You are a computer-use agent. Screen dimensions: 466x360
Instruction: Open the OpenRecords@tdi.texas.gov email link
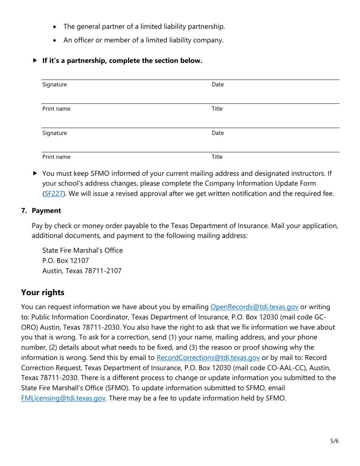tap(254, 307)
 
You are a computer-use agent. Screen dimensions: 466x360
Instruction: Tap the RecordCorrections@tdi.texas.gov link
tap(208, 358)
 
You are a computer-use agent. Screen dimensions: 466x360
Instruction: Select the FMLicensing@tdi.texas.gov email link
tap(63, 398)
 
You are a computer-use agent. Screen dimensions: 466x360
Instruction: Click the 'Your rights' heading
tap(43, 292)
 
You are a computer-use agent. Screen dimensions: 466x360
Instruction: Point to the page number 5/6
tap(334, 441)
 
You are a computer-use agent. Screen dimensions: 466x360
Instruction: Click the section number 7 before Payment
tap(24, 211)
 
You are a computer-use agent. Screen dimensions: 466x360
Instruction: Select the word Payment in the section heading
tap(46, 211)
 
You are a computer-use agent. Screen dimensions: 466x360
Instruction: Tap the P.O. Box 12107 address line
tap(66, 261)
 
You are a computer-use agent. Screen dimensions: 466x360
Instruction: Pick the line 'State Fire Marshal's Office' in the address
tap(83, 250)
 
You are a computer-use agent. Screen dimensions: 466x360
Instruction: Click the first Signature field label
tap(55, 84)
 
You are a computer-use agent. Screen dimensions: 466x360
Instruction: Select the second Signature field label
tap(55, 133)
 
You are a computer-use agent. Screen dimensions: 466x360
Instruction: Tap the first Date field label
tap(218, 84)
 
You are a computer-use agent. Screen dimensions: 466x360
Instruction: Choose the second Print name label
tap(56, 157)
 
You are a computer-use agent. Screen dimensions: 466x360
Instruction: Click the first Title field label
tap(217, 109)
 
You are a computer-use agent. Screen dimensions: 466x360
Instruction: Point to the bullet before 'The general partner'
tap(55, 27)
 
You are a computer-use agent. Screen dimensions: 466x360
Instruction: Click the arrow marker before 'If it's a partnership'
tap(35, 61)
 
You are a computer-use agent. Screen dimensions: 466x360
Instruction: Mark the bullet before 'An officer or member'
tap(55, 40)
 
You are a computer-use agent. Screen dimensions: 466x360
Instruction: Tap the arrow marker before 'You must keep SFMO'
tap(35, 174)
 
